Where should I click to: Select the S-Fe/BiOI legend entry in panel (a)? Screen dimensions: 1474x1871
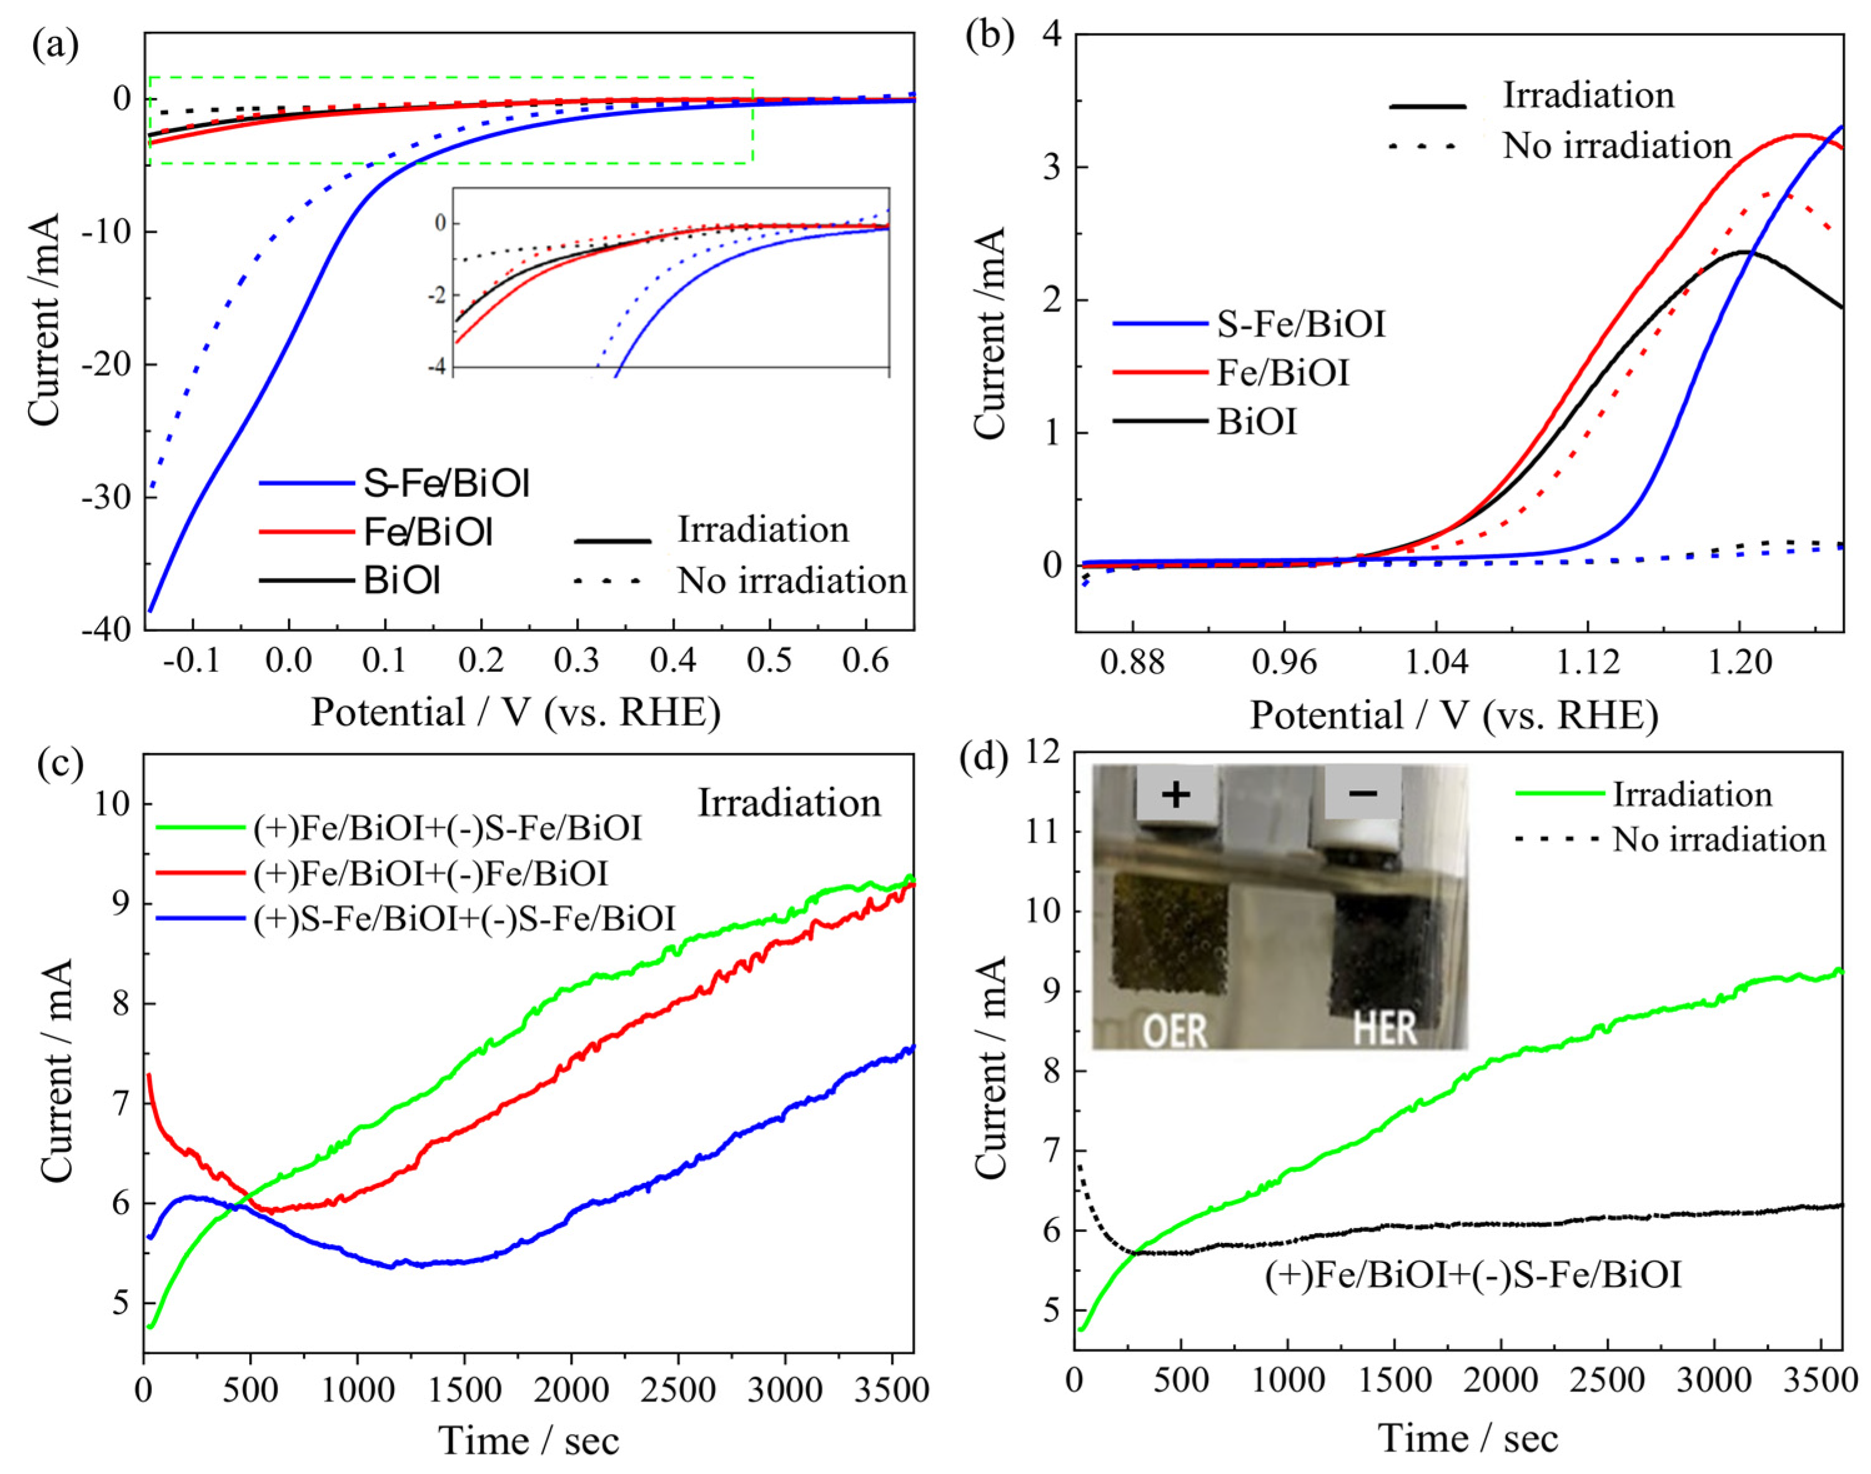[x=445, y=484]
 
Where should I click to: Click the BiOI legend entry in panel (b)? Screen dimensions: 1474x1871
[x=1257, y=423]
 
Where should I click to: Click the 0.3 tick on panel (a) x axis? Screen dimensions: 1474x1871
[x=576, y=661]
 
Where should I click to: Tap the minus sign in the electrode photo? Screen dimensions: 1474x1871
[x=1363, y=792]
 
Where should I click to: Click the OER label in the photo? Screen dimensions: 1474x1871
[x=1174, y=1029]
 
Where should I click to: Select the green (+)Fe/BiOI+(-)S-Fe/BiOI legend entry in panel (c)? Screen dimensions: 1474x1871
[x=447, y=828]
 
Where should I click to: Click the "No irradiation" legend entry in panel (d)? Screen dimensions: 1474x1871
[x=1719, y=840]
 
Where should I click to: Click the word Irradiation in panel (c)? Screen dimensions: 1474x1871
[x=788, y=803]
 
